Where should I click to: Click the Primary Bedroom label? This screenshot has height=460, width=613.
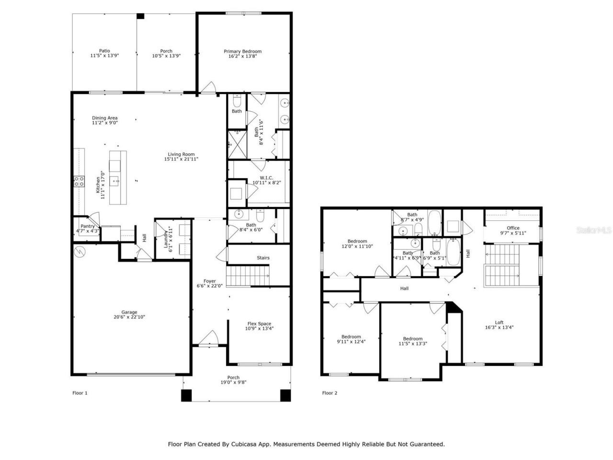pos(242,51)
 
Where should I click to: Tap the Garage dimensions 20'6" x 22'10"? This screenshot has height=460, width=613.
pos(129,317)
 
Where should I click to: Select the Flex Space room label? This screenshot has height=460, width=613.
pos(259,323)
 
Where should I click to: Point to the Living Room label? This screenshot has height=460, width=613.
pos(181,154)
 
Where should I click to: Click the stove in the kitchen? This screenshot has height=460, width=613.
pos(79,181)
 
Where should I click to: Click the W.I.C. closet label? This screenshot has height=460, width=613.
pos(263,177)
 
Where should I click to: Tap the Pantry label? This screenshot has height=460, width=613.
pos(87,226)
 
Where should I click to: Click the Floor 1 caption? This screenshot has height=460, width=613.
pos(80,393)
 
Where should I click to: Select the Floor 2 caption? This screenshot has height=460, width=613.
pos(329,393)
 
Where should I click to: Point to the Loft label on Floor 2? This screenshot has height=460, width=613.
pos(499,322)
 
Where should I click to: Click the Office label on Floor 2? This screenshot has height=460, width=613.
pos(513,228)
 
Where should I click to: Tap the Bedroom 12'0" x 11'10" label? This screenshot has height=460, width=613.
pos(357,241)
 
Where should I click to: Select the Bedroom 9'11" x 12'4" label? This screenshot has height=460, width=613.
pos(351,336)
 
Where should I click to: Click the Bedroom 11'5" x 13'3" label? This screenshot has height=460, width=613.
pos(412,339)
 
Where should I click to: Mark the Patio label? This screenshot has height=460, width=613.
pos(104,51)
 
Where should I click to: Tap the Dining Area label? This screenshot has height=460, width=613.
pos(104,118)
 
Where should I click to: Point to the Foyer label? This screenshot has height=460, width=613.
pos(209,281)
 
